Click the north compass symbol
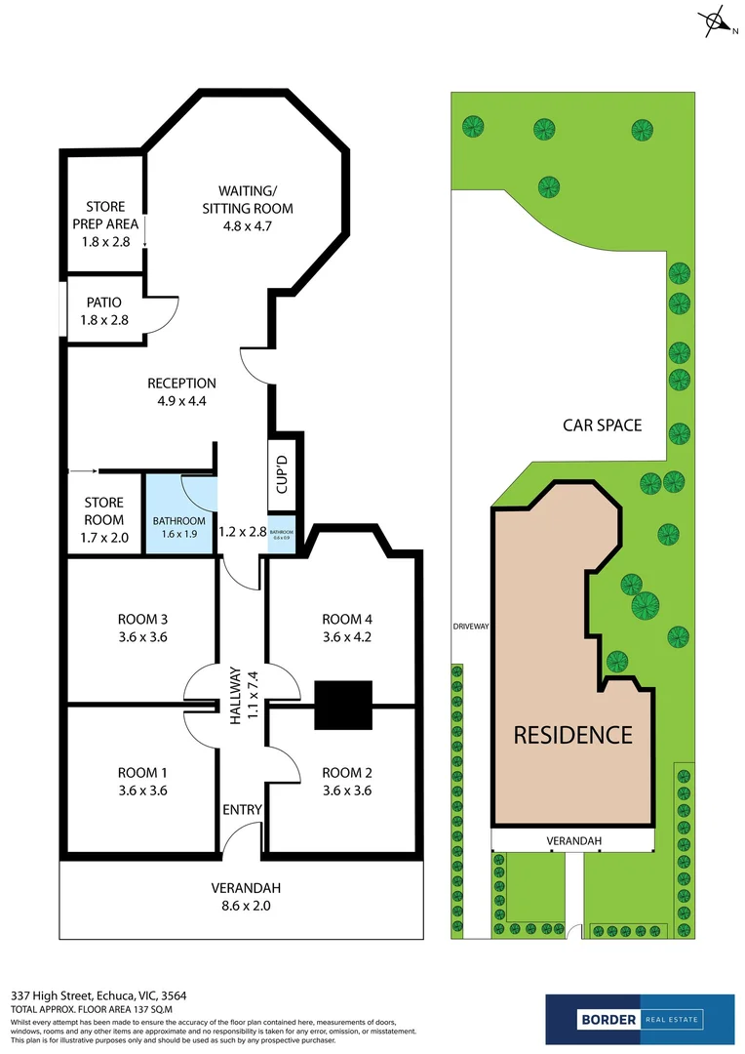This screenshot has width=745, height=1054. [x=717, y=20]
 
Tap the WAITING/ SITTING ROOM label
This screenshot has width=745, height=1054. [x=248, y=208]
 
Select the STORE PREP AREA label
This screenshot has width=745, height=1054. [x=105, y=223]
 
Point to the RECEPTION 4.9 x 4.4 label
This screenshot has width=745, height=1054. [x=181, y=391]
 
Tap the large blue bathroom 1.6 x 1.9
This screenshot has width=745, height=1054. [x=179, y=527]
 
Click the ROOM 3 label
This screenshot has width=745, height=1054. [x=142, y=628]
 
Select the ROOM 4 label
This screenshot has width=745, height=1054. [x=347, y=628]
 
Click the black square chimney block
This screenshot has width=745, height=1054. [x=344, y=705]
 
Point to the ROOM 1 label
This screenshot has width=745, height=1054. [x=142, y=782]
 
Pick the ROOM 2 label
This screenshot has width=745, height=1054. [x=347, y=782]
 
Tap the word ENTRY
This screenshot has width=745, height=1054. [x=242, y=809]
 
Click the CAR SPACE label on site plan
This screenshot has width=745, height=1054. [x=603, y=425]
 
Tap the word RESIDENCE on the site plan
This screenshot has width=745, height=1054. [x=573, y=735]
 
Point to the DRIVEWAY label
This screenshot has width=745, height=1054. [x=470, y=627]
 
